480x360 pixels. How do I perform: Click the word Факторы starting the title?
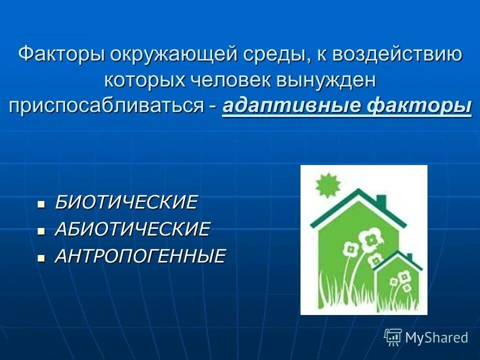click(x=60, y=54)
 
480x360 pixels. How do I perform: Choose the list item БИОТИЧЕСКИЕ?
click(x=126, y=202)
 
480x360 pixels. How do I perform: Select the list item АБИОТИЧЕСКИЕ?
click(x=132, y=229)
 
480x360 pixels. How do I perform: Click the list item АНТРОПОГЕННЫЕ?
click(x=140, y=256)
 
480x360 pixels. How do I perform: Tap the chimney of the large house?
click(x=381, y=201)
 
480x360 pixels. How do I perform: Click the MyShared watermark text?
click(x=436, y=337)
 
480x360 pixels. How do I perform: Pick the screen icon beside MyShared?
click(x=393, y=337)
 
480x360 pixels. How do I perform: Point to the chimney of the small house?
click(x=409, y=257)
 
